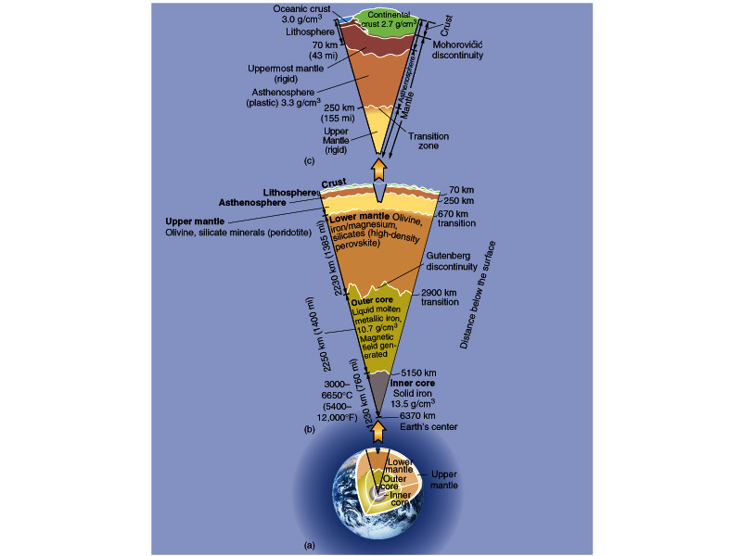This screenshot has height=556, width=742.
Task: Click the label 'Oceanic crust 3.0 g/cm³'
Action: pos(298,14)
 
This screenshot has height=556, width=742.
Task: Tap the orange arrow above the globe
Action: pos(378,429)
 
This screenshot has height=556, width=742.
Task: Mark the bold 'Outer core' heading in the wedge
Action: pos(374,302)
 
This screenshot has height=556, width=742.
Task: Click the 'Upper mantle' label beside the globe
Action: pos(444,480)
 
